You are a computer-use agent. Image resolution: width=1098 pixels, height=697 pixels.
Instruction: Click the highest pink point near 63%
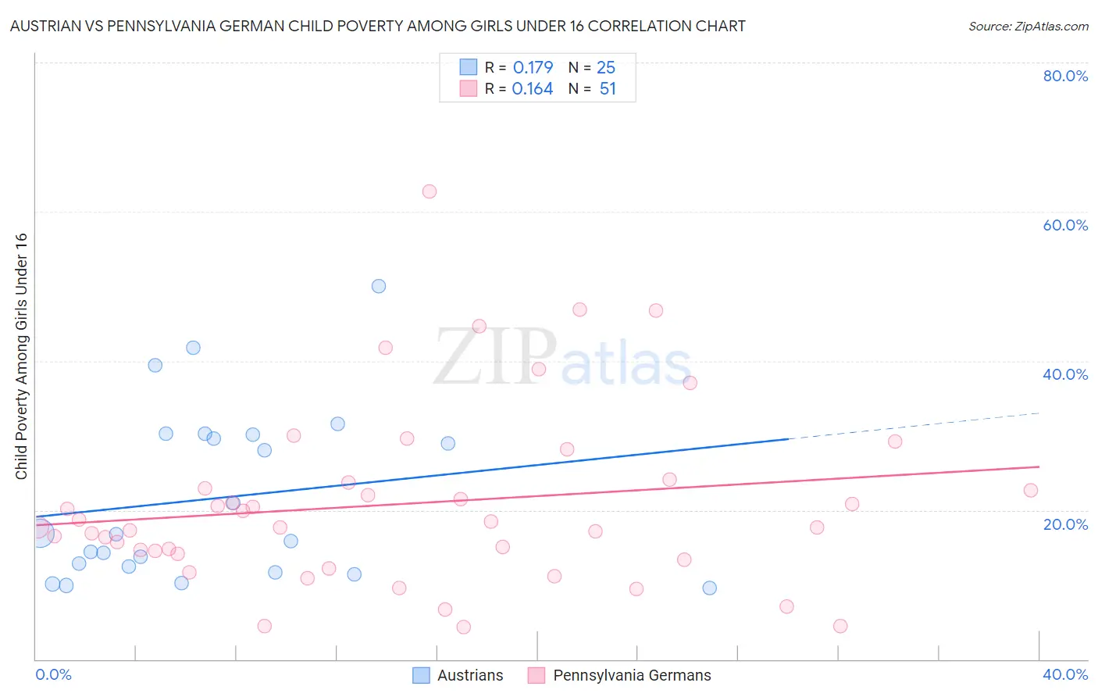(x=429, y=191)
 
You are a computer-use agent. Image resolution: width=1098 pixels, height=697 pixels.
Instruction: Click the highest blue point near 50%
(x=379, y=286)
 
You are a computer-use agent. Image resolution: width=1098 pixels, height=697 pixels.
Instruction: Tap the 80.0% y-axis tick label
(x=1065, y=76)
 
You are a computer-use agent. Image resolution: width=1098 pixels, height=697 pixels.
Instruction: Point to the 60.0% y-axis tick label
(x=1065, y=225)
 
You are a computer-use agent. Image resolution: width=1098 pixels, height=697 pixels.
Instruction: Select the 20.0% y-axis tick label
(x=1065, y=524)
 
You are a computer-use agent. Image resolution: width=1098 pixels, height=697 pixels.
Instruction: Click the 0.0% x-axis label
(x=53, y=674)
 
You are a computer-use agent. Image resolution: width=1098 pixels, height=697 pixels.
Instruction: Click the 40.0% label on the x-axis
(x=1065, y=674)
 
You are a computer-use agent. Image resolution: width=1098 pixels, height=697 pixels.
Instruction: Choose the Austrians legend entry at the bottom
(x=458, y=675)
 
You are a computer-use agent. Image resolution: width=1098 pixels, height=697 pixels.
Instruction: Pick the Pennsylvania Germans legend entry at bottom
(x=620, y=675)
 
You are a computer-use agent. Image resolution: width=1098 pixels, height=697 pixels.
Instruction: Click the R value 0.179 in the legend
(x=533, y=67)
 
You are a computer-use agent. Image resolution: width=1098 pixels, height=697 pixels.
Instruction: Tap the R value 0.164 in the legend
(x=533, y=89)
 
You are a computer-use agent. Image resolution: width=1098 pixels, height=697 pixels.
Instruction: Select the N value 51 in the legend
(x=608, y=89)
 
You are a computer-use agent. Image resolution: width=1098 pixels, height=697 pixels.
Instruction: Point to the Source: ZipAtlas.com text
(x=1028, y=26)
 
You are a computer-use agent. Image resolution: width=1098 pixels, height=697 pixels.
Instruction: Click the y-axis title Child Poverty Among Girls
(x=21, y=356)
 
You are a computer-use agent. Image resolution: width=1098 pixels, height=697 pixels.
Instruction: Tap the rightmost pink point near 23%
(x=1031, y=491)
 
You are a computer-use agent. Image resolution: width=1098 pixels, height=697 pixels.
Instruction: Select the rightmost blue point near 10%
(x=710, y=588)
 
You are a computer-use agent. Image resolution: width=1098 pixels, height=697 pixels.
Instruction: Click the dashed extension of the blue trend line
(x=914, y=425)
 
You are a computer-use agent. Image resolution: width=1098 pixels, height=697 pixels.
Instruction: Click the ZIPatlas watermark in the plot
(x=562, y=357)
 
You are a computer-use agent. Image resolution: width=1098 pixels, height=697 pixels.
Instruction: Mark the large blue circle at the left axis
(x=40, y=532)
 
